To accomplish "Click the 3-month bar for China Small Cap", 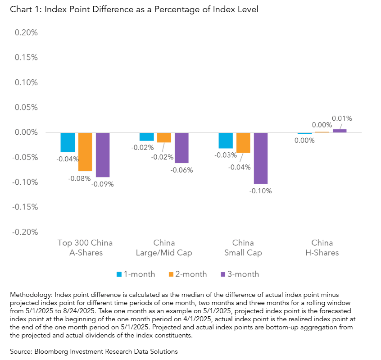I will point(260,158).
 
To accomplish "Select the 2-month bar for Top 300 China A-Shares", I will point(85,152).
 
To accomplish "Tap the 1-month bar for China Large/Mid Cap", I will point(146,137).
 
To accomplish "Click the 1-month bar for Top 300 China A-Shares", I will point(68,142).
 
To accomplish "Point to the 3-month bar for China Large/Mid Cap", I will point(181,148).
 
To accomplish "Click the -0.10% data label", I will point(261,191).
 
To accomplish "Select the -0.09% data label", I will point(103,184).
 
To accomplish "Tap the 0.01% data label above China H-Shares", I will point(342,118).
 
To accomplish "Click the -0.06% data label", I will point(182,170).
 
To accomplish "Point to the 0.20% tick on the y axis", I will point(26,33).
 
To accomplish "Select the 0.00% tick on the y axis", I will point(26,132).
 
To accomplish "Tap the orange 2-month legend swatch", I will point(171,274).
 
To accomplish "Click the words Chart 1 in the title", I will point(20,9).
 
